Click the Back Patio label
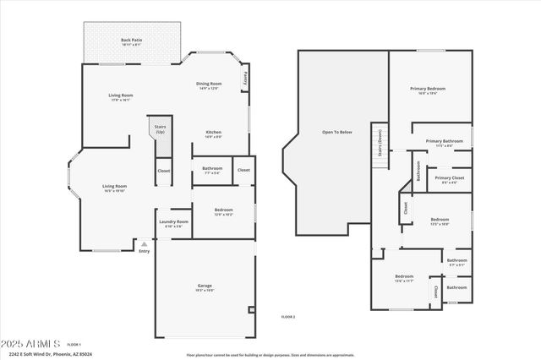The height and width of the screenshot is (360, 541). point(130,41)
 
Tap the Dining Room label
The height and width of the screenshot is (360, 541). point(209,84)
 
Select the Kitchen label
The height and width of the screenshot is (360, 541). point(214,132)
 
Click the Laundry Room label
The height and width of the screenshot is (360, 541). point(174,221)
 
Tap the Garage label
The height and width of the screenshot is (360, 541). point(205,286)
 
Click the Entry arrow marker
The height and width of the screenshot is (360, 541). point(144,243)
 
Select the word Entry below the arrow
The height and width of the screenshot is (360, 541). point(144,250)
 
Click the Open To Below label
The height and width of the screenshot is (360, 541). point(337,132)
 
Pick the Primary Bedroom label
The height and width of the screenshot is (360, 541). point(428,89)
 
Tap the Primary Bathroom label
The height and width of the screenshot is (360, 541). point(444,141)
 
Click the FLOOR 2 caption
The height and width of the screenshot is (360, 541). point(287,316)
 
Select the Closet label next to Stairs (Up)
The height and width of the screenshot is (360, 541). point(163,171)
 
